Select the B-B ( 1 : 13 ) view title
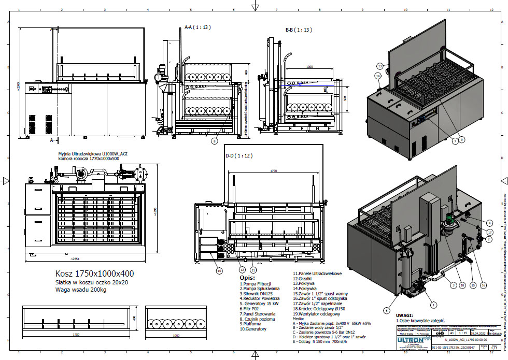pyautogui.click(x=299, y=30)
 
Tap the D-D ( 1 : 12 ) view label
pyautogui.click(x=239, y=155)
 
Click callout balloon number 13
pyautogui.click(x=380, y=66)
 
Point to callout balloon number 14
pyautogui.click(x=378, y=76)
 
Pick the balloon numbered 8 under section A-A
pyautogui.click(x=214, y=140)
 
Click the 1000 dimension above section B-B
pyautogui.click(x=309, y=67)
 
